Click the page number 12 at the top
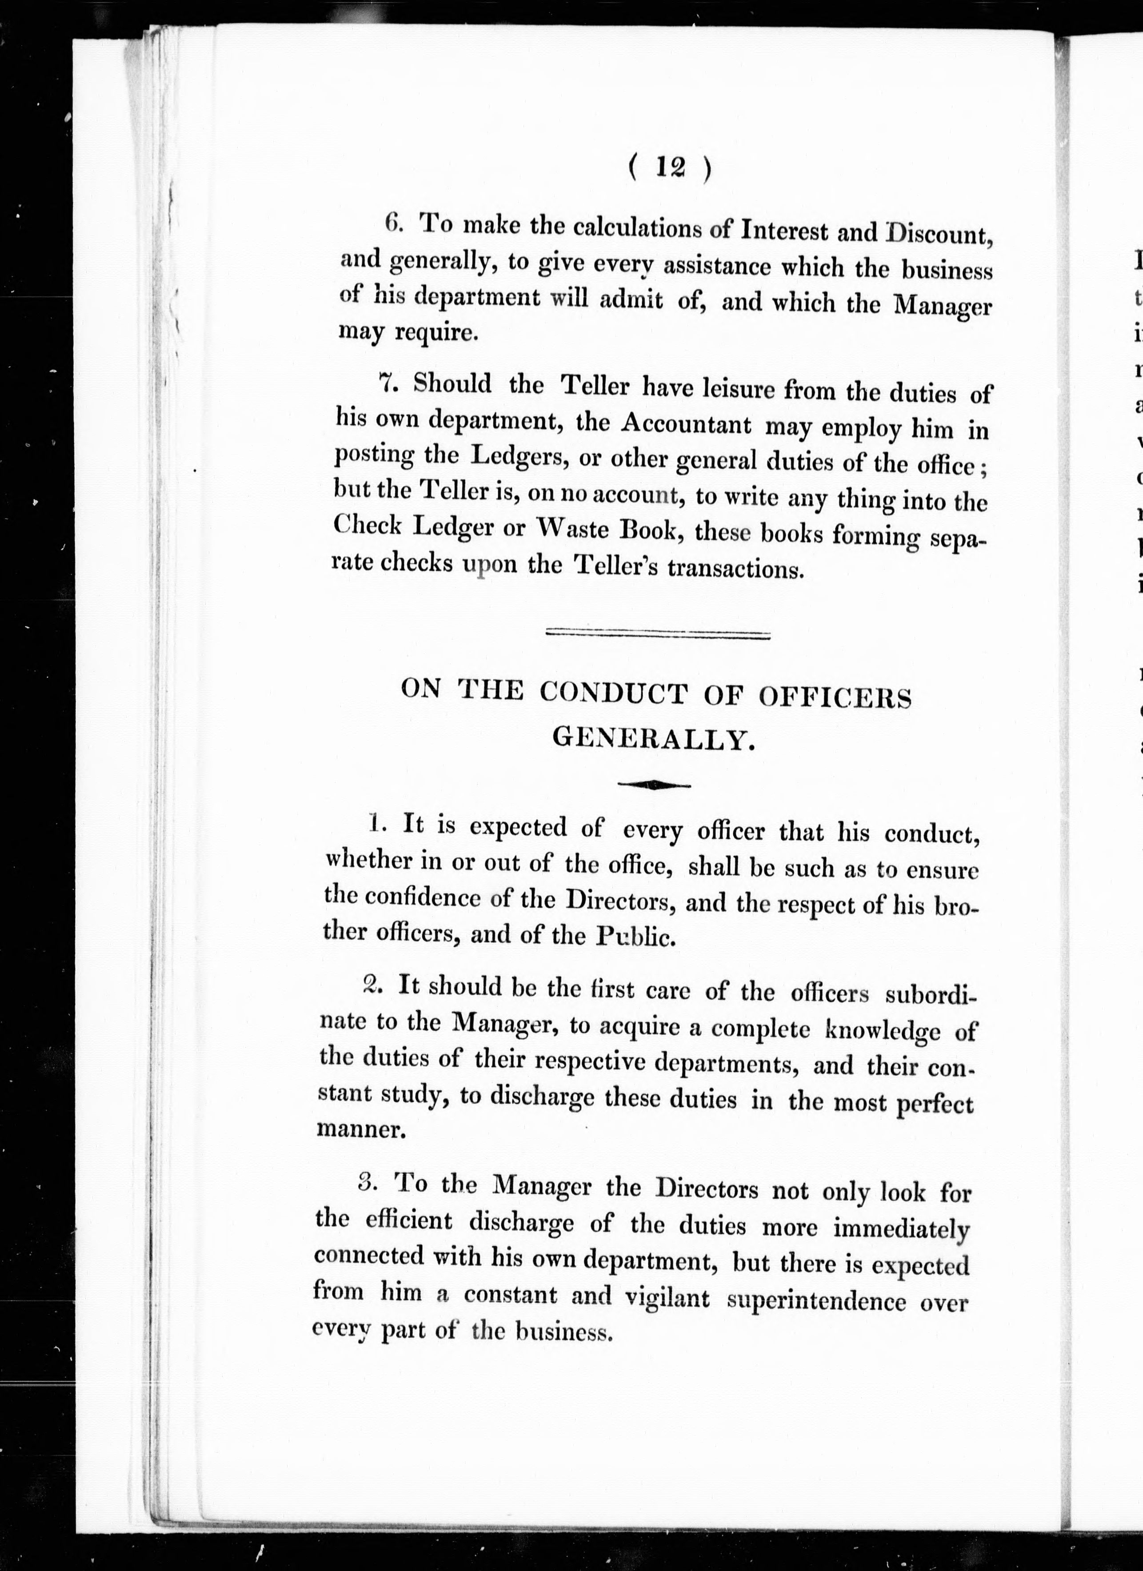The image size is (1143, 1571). [x=669, y=169]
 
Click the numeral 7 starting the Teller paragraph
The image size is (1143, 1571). [x=387, y=383]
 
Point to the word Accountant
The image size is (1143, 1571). [x=686, y=424]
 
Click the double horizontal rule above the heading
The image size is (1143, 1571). [x=658, y=634]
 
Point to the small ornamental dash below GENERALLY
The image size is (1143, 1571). [x=654, y=785]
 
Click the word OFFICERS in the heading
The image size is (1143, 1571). [x=835, y=697]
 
